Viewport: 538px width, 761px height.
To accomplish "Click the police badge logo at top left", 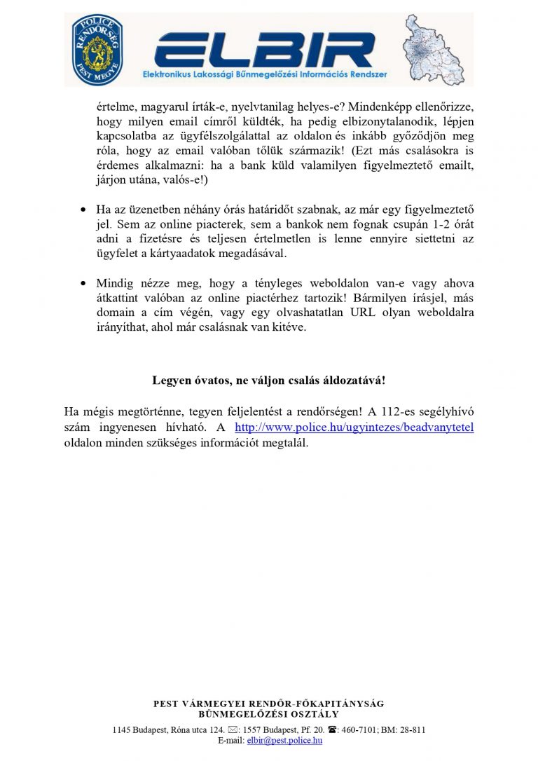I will click(x=98, y=49).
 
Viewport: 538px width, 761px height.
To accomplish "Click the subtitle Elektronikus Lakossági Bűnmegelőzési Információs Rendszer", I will click(x=265, y=74).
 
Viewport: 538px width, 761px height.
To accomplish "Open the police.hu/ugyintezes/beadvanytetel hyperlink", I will click(x=354, y=427).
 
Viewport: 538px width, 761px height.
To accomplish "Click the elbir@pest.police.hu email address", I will click(x=284, y=740).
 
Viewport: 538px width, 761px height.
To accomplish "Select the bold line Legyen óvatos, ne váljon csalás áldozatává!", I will click(x=269, y=380).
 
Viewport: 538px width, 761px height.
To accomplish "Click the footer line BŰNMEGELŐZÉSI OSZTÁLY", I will click(x=269, y=714).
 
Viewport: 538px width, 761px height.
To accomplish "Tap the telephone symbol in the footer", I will click(x=332, y=729).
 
